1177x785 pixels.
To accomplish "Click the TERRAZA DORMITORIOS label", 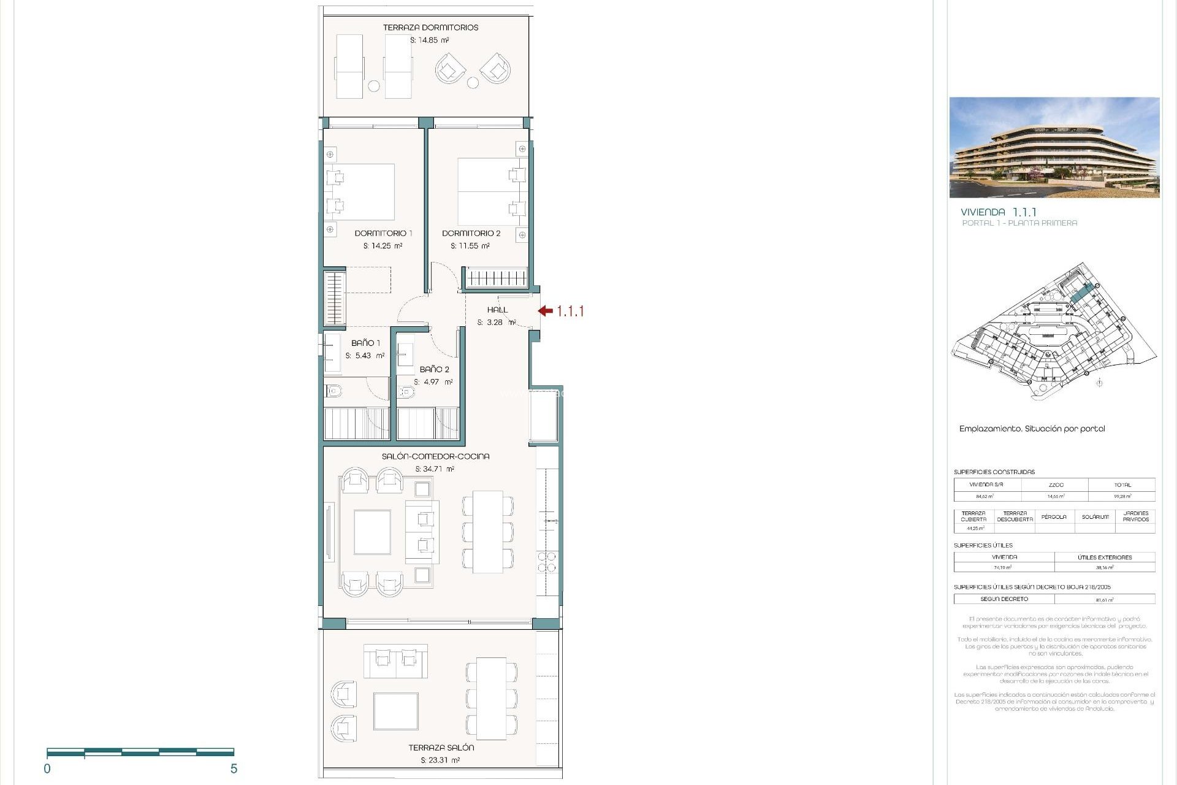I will [430, 28].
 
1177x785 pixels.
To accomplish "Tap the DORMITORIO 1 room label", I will [383, 233].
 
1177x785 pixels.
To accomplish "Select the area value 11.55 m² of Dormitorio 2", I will [470, 246].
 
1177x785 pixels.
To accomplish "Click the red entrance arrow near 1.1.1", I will [546, 311].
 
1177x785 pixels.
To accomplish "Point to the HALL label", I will [497, 310].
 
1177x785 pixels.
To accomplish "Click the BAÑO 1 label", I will [365, 343].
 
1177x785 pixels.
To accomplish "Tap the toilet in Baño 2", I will [406, 392].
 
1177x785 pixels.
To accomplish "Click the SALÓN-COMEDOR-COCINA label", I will [435, 456].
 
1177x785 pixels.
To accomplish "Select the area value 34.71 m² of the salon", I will [435, 469].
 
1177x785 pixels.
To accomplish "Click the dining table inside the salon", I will [488, 532].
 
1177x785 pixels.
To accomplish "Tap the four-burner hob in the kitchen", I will [547, 562].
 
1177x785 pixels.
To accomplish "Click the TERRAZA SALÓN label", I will [441, 748].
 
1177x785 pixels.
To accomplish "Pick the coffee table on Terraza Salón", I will [396, 711].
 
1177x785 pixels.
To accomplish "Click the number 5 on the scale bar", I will [234, 769].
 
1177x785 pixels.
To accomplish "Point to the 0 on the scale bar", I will [47, 769].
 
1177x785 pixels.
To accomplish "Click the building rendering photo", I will [1054, 147].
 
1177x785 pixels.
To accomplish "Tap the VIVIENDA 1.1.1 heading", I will [999, 212].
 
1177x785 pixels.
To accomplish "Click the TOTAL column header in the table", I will [1122, 484].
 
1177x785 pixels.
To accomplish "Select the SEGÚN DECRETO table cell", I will [1004, 599].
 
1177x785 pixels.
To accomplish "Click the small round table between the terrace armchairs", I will [473, 83].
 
